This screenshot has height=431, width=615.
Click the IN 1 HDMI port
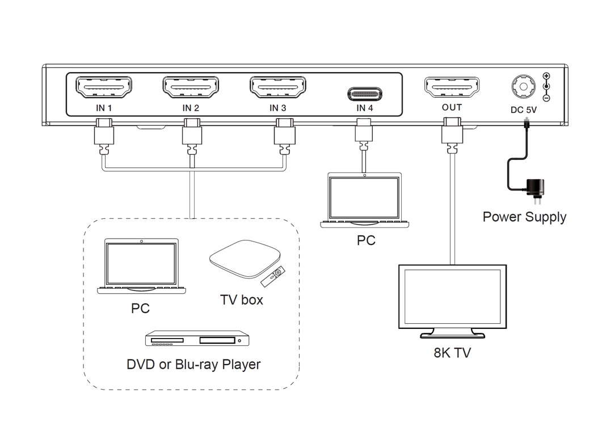tap(104, 87)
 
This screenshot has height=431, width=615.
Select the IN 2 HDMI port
tap(191, 87)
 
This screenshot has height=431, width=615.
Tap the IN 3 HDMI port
tap(277, 87)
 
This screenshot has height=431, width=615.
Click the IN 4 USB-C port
tap(364, 93)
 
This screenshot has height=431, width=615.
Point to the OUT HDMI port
tap(452, 87)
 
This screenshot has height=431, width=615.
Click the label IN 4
tap(365, 108)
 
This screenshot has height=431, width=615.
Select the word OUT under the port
tap(452, 107)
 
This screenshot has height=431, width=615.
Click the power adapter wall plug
tap(534, 188)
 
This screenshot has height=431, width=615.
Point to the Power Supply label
tap(524, 217)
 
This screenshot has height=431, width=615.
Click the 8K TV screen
tap(452, 296)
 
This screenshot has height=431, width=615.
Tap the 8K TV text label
tap(452, 353)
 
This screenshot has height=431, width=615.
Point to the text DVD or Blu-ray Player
tap(193, 364)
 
